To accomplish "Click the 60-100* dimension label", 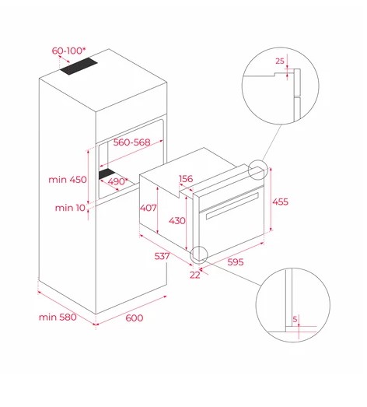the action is click(x=68, y=51).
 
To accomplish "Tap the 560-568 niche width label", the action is click(x=131, y=142).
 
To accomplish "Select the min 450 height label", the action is click(x=68, y=179).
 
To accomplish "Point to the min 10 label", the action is click(x=70, y=208).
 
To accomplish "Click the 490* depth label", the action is click(x=118, y=181).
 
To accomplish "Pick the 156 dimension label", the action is click(x=186, y=178).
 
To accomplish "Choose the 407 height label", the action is click(x=148, y=208).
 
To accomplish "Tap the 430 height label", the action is click(x=177, y=221).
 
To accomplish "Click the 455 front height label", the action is click(x=280, y=202).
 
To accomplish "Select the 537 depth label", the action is click(x=162, y=256).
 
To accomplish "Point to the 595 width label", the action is click(x=236, y=262).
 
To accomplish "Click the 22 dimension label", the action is click(x=195, y=275).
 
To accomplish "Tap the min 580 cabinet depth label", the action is click(x=58, y=317).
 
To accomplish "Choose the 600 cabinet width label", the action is click(x=135, y=318).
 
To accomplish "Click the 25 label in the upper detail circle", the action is click(x=280, y=61).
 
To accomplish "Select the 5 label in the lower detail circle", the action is click(x=295, y=319).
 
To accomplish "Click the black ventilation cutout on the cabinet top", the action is click(x=79, y=66).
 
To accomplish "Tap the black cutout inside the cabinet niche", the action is click(x=107, y=174).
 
